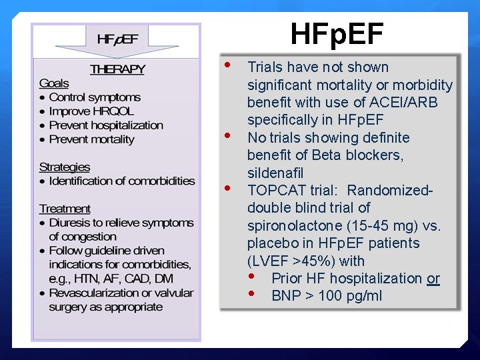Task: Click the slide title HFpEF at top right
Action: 337,35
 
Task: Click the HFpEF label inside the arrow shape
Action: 117,39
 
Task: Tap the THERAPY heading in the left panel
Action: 117,69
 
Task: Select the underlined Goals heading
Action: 54,83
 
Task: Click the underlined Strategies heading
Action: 64,167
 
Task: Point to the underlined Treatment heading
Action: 65,209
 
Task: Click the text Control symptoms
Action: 95,97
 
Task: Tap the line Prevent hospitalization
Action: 105,125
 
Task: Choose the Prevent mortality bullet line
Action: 91,139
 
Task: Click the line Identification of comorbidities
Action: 122,181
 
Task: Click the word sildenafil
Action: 275,173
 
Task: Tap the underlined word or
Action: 433,279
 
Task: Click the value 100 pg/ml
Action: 351,296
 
